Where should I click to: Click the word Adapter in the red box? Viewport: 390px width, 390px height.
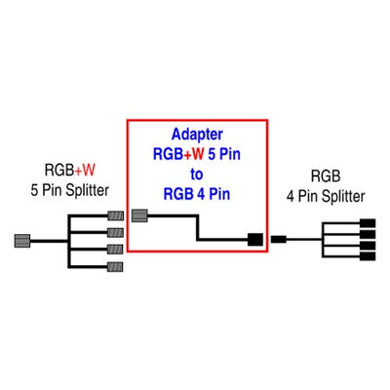[x=197, y=135]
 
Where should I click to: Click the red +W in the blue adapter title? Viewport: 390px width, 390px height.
[x=194, y=154]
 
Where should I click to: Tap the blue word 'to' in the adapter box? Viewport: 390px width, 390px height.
[x=197, y=175]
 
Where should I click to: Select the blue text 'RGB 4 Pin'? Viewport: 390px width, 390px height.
[x=197, y=194]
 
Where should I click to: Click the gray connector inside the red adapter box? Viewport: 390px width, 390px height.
[x=139, y=215]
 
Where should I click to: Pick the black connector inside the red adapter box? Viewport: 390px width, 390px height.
[x=255, y=240]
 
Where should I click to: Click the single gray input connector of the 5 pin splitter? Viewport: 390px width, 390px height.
[x=22, y=241]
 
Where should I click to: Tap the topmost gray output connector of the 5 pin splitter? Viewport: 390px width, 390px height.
[x=115, y=215]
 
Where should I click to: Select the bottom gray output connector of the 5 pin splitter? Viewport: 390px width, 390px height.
[x=115, y=267]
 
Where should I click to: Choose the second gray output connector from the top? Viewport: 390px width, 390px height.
[x=115, y=233]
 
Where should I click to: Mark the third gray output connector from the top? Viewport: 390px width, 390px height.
[x=115, y=250]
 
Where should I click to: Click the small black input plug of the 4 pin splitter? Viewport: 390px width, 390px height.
[x=279, y=240]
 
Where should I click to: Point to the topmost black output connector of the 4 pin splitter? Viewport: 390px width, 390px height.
[x=368, y=223]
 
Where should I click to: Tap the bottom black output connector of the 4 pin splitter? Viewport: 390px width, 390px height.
[x=368, y=256]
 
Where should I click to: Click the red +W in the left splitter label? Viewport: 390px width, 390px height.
[x=85, y=171]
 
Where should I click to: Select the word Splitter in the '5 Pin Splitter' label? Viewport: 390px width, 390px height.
[x=87, y=190]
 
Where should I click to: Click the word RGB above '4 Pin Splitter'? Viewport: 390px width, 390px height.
[x=326, y=176]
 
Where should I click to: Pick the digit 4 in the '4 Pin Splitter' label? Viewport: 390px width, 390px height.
[x=291, y=197]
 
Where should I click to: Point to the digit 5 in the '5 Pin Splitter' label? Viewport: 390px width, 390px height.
[x=34, y=190]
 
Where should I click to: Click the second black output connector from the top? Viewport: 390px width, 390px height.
[x=368, y=234]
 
